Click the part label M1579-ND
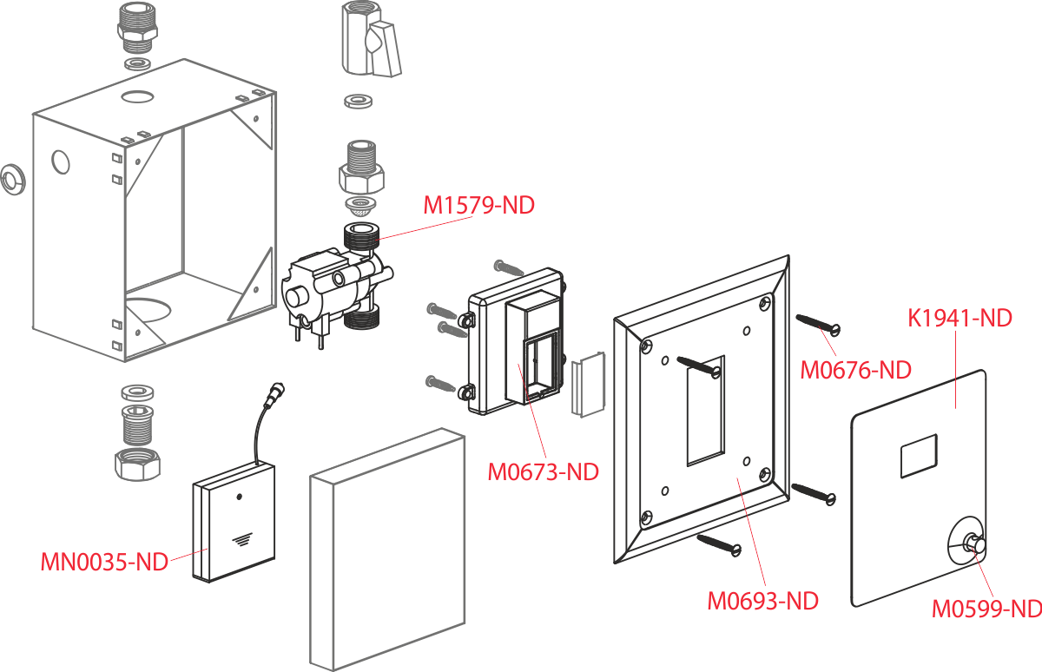pyautogui.click(x=478, y=207)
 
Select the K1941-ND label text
pyautogui.click(x=960, y=319)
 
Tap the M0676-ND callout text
pyautogui.click(x=855, y=371)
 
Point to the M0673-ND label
pyautogui.click(x=543, y=473)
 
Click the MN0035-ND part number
pyautogui.click(x=104, y=562)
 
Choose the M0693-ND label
pyautogui.click(x=763, y=601)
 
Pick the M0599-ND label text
pyautogui.click(x=986, y=609)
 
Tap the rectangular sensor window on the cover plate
pyautogui.click(x=919, y=455)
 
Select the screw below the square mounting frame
pyautogui.click(x=718, y=544)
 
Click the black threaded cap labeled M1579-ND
pyautogui.click(x=360, y=235)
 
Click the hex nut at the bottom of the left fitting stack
pyautogui.click(x=137, y=465)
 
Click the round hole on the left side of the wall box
pyautogui.click(x=62, y=162)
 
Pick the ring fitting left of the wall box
pyautogui.click(x=11, y=180)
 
